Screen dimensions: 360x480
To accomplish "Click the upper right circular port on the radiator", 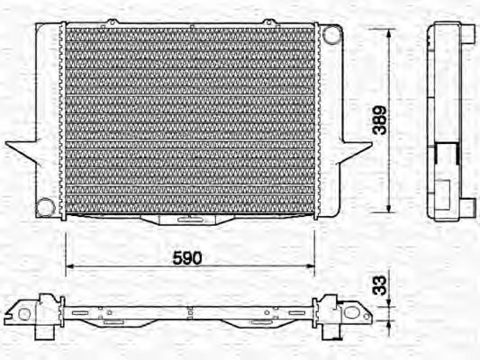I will coord(334,35).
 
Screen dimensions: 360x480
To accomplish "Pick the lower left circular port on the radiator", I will coord(44,208).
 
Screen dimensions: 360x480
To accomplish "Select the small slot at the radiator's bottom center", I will coord(188,219).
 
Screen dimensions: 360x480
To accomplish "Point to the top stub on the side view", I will coord(469,33).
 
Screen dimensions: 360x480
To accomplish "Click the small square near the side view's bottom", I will coord(444,190).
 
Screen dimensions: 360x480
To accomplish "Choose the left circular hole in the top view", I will coord(25,314).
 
